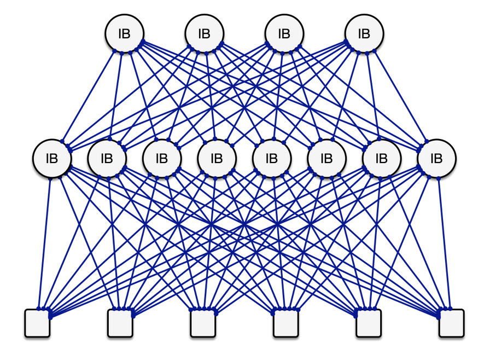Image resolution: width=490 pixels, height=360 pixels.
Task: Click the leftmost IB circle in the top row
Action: click(124, 33)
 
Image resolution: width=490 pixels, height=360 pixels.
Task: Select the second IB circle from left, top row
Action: click(204, 33)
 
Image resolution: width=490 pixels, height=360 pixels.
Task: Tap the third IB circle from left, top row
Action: click(284, 33)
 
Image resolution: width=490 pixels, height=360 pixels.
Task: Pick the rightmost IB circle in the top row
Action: click(364, 33)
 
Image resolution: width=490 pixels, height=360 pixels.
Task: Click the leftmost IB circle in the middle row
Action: click(52, 159)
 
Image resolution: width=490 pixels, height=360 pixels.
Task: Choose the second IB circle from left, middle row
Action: click(107, 159)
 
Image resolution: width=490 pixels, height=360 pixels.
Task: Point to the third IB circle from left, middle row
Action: click(162, 159)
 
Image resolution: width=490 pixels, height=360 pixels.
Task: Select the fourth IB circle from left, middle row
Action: click(217, 159)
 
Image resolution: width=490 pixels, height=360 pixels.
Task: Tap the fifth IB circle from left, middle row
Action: click(271, 159)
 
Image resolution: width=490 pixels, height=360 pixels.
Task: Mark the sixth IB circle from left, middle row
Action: click(326, 159)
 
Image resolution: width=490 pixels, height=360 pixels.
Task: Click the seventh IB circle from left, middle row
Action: click(381, 159)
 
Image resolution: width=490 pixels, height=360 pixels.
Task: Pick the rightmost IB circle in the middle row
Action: click(436, 159)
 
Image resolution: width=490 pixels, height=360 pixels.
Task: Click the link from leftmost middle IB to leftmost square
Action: click(44, 243)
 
